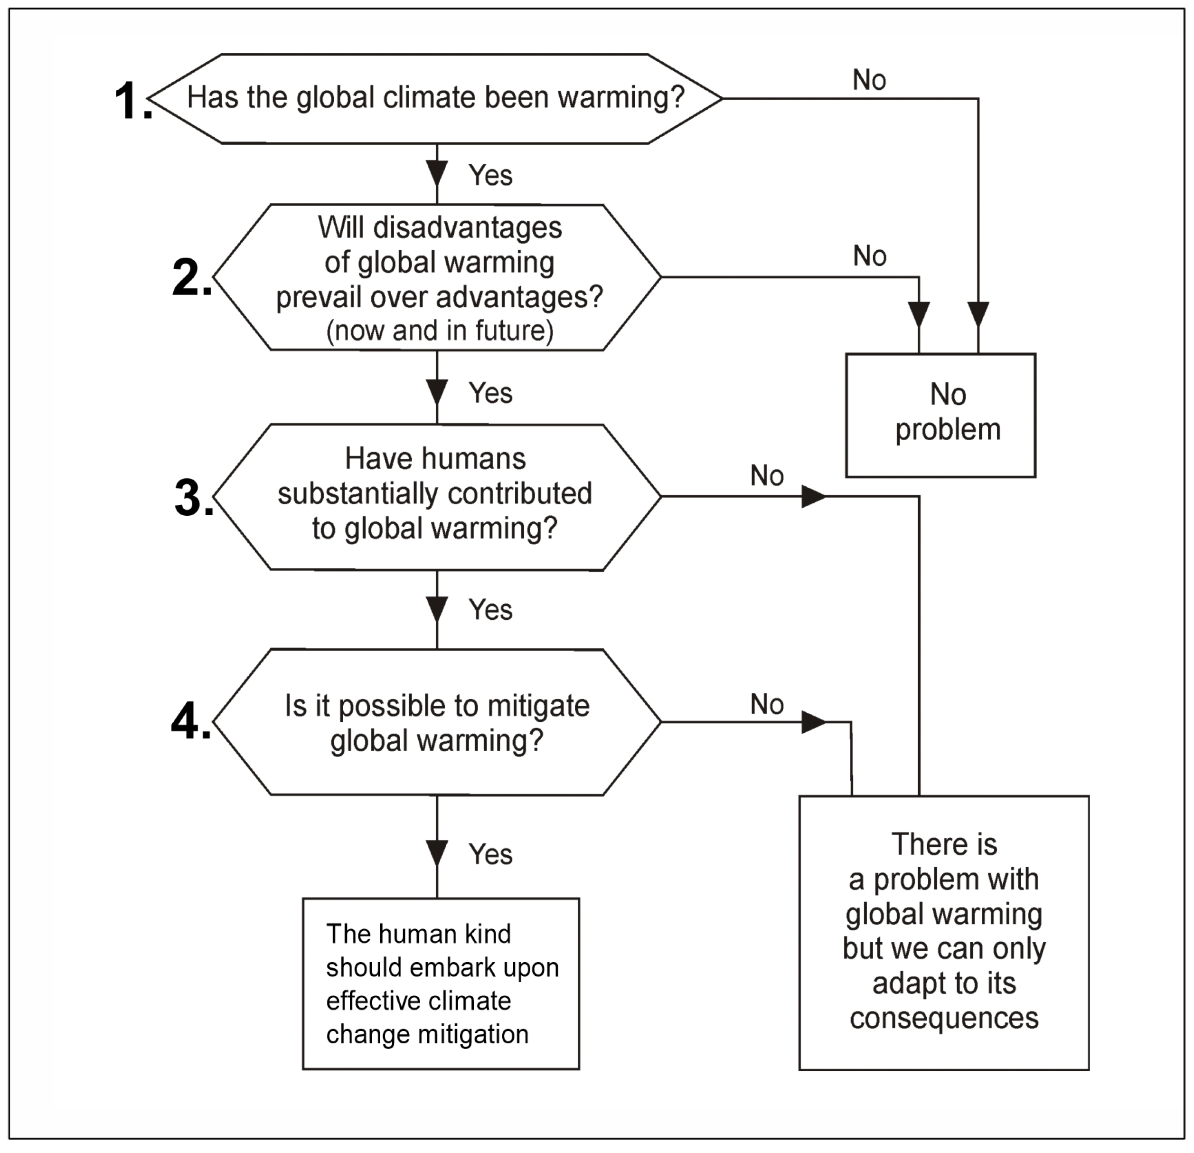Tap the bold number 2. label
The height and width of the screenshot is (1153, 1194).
pyautogui.click(x=191, y=277)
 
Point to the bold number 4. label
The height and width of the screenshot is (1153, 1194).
pyautogui.click(x=190, y=721)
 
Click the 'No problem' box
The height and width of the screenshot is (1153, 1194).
pyautogui.click(x=940, y=415)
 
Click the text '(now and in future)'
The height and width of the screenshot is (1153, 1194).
pyautogui.click(x=440, y=331)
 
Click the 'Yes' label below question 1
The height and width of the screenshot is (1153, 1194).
pyautogui.click(x=490, y=176)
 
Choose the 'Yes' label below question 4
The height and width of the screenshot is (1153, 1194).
pyautogui.click(x=490, y=854)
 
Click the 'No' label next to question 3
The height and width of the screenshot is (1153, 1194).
pyautogui.click(x=766, y=476)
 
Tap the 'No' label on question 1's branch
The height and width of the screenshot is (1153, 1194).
pyautogui.click(x=869, y=80)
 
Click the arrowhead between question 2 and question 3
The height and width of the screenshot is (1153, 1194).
pyautogui.click(x=437, y=392)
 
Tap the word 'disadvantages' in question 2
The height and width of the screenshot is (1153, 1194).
pyautogui.click(x=467, y=228)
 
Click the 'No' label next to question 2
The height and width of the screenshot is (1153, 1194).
pyautogui.click(x=869, y=256)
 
